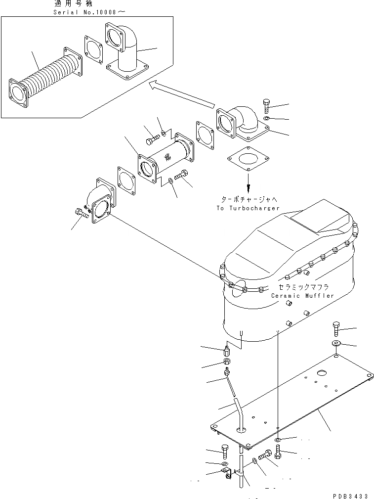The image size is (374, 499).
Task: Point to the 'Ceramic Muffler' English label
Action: click(x=302, y=296)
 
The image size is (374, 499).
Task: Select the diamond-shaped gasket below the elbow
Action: click(x=248, y=162)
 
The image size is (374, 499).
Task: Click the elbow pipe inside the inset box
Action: click(x=127, y=53)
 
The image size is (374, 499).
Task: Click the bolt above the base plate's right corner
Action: click(x=336, y=328)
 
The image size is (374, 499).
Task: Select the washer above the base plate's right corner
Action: click(x=336, y=343)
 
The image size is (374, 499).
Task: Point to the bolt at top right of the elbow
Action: click(x=266, y=105)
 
